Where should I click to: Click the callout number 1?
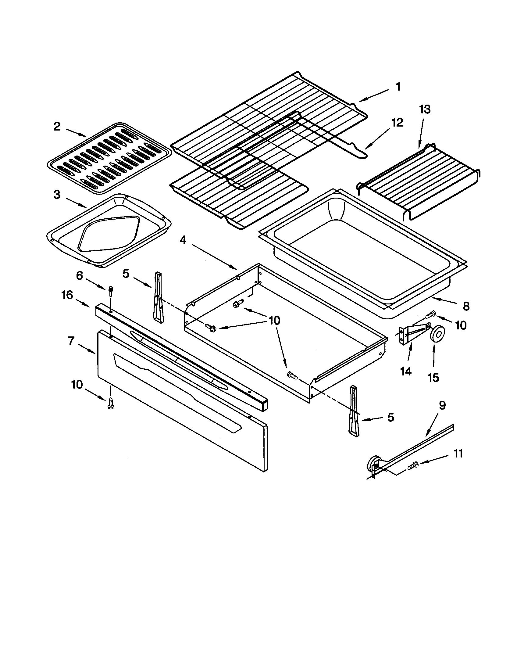coord(398,87)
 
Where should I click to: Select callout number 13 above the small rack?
coord(425,109)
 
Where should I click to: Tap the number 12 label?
coord(397,123)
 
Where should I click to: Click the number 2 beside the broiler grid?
coord(57,126)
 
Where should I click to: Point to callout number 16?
coord(67,295)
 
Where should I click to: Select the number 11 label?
coord(458,454)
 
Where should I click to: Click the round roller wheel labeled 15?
coord(437,333)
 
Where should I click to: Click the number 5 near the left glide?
coord(126,274)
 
